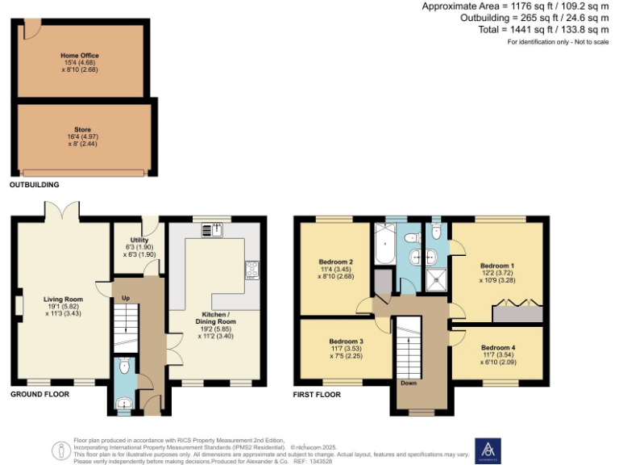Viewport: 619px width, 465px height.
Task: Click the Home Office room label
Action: click(x=80, y=56)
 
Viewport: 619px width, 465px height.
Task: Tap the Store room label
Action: click(x=82, y=129)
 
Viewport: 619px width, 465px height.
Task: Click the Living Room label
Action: click(x=59, y=299)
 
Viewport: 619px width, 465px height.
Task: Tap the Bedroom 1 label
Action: click(x=497, y=266)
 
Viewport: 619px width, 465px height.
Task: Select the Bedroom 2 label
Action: click(x=335, y=262)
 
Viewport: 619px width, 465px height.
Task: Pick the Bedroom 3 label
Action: click(x=346, y=341)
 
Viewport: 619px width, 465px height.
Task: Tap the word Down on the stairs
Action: click(x=410, y=383)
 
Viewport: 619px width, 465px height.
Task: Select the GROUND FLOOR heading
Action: click(x=39, y=395)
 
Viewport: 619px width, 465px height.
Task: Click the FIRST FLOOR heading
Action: click(x=317, y=395)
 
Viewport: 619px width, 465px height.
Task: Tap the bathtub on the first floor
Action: click(x=383, y=243)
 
